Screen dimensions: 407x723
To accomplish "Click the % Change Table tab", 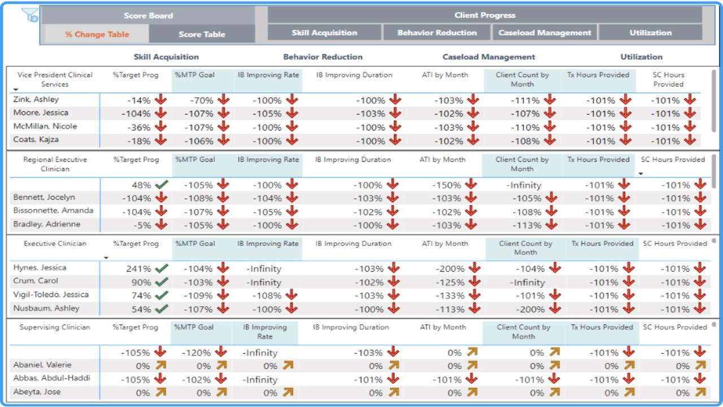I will click(x=97, y=34).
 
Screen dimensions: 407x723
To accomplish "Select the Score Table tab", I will click(x=202, y=34).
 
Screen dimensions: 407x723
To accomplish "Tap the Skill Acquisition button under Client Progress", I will click(x=324, y=33).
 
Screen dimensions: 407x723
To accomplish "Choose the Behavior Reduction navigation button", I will click(x=437, y=33).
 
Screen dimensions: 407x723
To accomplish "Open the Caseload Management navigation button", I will click(x=545, y=33).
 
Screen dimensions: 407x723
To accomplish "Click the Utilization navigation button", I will click(x=650, y=33).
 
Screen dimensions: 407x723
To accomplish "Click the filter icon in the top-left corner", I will click(x=30, y=15).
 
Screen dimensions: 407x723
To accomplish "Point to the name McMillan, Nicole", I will click(x=45, y=127).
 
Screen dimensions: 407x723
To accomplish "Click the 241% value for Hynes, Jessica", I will click(x=138, y=269).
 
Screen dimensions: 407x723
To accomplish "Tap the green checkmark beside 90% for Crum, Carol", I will click(x=162, y=282).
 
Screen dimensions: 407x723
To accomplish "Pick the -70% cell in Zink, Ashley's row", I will click(x=202, y=101).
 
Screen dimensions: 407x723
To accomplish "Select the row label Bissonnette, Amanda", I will click(x=53, y=211).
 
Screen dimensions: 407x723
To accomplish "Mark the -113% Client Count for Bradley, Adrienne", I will click(x=526, y=226).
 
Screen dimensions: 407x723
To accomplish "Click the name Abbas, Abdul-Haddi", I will click(x=51, y=379).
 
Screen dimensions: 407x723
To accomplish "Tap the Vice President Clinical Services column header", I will click(x=55, y=79).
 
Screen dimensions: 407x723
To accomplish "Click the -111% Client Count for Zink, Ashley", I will click(x=526, y=101).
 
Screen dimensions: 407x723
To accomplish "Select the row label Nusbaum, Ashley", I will click(x=46, y=309).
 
